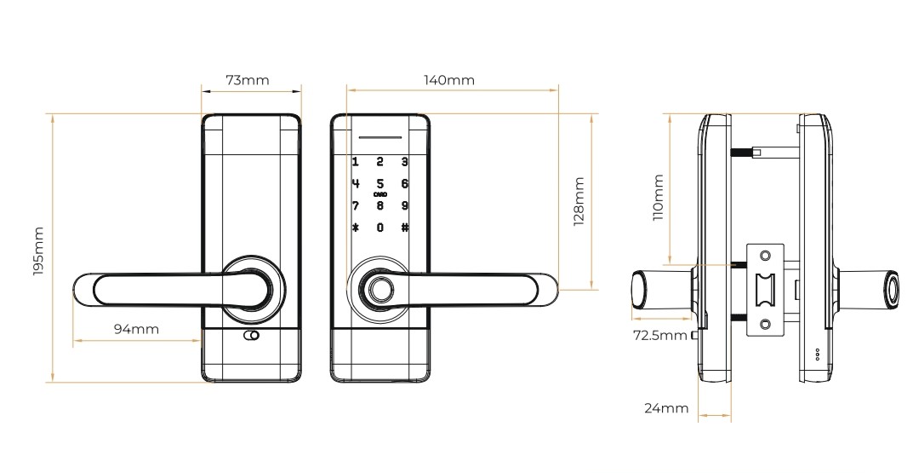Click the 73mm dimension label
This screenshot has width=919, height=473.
247,81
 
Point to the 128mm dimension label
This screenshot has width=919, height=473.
579,202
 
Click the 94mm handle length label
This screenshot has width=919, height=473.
136,328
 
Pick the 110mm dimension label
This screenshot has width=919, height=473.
657,198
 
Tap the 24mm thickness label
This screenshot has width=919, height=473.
665,408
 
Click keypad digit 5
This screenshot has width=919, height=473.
380,184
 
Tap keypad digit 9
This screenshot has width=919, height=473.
405,205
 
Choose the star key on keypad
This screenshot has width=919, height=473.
355,228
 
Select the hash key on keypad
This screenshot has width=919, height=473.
405,228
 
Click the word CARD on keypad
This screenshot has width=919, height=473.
380,195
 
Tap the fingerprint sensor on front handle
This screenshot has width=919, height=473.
380,290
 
